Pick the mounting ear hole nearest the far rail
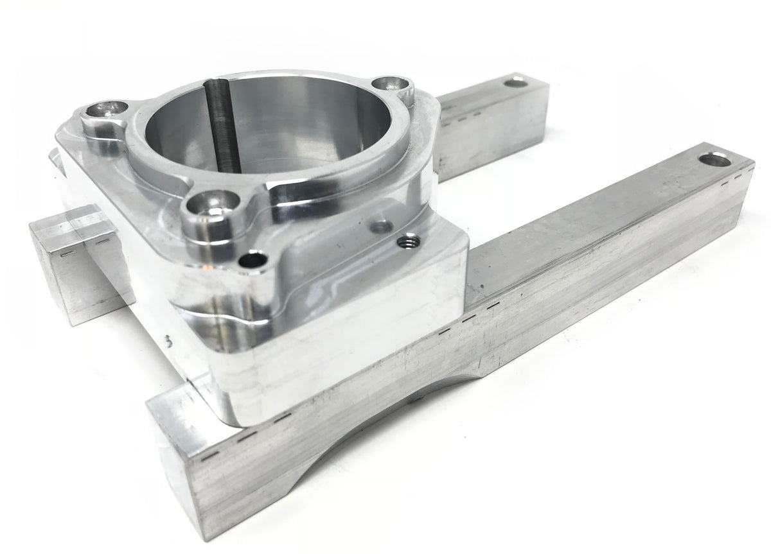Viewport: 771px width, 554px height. [x=389, y=84]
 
